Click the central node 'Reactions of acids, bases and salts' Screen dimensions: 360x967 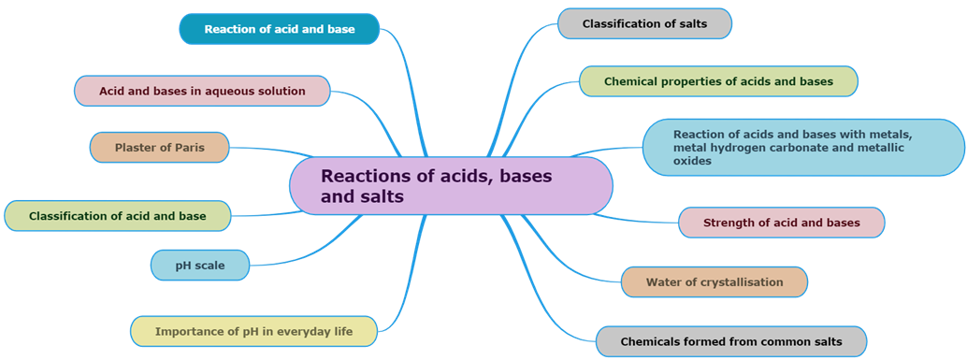coord(451,185)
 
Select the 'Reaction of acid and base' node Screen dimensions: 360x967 coord(279,29)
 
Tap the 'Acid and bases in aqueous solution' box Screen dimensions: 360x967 coord(202,91)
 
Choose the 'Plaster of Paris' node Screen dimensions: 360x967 coord(159,148)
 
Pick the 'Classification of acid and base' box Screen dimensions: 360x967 coord(117,216)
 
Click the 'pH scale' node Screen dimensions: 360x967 coord(200,266)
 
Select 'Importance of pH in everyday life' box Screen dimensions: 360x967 coord(253,331)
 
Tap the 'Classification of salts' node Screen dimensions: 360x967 coord(644,23)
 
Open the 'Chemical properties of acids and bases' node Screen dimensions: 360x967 coord(717,81)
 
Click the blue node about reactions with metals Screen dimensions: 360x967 coord(802,148)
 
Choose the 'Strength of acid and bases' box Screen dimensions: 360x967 coord(780,223)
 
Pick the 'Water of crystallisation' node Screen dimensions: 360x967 coord(714,281)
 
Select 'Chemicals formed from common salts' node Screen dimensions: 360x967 coord(730,341)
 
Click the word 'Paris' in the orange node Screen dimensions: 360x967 coord(186,148)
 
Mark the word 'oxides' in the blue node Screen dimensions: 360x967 coord(692,161)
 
